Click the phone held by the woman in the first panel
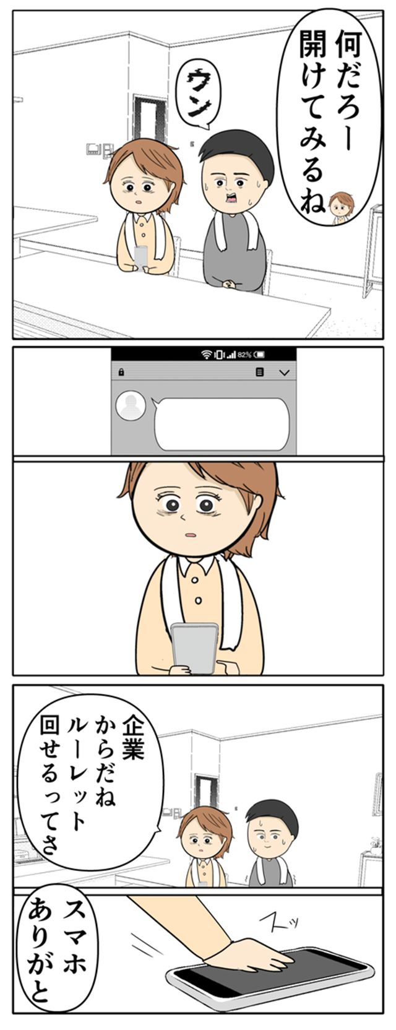[x=140, y=258]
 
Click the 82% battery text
[x=245, y=355]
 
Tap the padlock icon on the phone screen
[x=121, y=371]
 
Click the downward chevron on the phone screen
[x=285, y=372]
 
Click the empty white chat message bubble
[x=222, y=423]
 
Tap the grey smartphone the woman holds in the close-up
[x=195, y=648]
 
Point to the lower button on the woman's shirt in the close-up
[x=198, y=600]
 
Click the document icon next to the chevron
[x=259, y=371]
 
